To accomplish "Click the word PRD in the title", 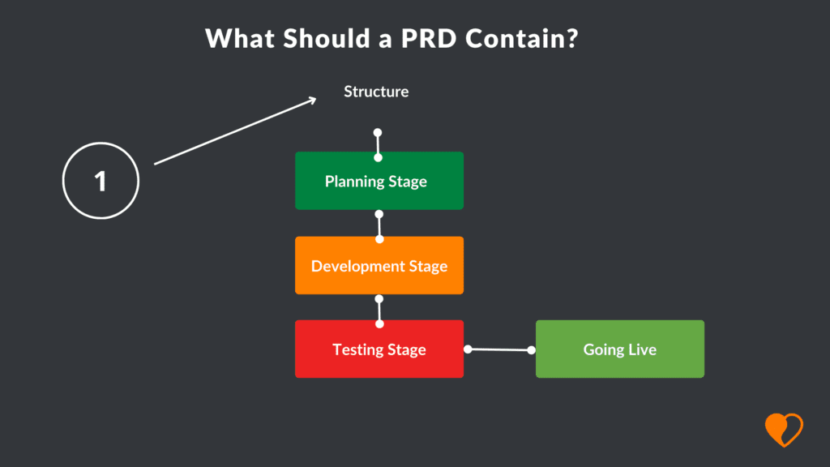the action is [428, 39].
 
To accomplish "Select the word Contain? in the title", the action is [522, 39].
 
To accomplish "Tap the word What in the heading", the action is [240, 39].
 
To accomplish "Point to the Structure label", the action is [376, 92].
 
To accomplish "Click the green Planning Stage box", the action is [379, 181].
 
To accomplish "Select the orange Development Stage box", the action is [379, 265].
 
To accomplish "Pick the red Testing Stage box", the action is [379, 349].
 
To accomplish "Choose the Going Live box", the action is [620, 349].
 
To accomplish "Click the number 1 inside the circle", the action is [100, 181].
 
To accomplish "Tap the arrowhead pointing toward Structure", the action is [312, 100].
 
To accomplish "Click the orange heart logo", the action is [784, 430].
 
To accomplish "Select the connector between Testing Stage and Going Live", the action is [499, 349].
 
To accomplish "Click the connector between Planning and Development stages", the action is [379, 227].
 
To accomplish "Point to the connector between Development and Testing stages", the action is [379, 311].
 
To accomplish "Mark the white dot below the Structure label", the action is [378, 132].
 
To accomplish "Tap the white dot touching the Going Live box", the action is [532, 350].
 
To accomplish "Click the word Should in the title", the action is [327, 39].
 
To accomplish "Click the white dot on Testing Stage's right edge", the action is [468, 349].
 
